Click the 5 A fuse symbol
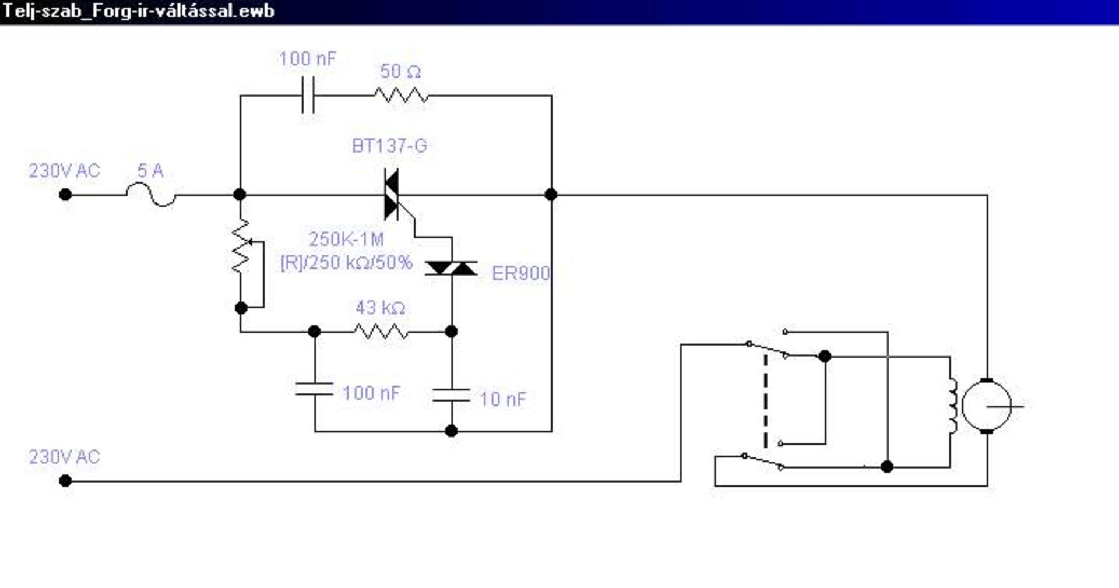(x=151, y=194)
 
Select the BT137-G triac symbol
(x=392, y=195)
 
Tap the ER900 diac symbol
(x=451, y=268)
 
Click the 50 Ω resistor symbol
(x=402, y=95)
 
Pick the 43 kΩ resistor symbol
(x=381, y=332)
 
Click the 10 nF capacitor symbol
(x=451, y=395)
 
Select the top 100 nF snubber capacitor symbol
(x=308, y=95)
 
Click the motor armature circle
(x=987, y=406)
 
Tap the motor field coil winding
(x=953, y=406)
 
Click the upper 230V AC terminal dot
(x=65, y=195)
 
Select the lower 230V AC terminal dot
(x=65, y=481)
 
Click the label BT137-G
(x=389, y=146)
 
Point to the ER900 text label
(x=520, y=273)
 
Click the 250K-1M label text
(x=346, y=239)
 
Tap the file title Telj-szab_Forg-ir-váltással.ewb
(x=139, y=11)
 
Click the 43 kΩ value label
(x=380, y=307)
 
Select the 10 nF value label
(x=502, y=399)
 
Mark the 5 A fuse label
(x=150, y=170)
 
